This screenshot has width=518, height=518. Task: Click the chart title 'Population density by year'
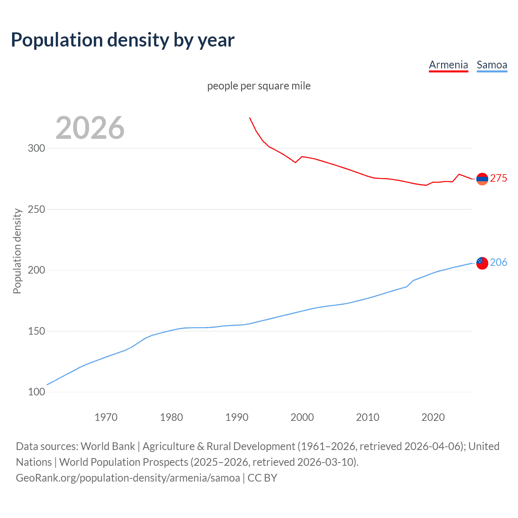(x=123, y=40)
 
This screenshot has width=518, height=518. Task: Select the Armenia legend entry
(x=448, y=65)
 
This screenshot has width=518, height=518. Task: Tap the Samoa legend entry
(x=492, y=65)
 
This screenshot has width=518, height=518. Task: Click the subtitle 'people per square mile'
(x=259, y=86)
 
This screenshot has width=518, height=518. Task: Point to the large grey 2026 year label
(x=90, y=128)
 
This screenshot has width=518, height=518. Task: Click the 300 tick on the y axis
(x=36, y=148)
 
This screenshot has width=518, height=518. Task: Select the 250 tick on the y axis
(x=36, y=209)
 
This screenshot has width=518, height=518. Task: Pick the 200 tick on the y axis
(x=36, y=270)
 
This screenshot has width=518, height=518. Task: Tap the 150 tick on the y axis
(x=36, y=331)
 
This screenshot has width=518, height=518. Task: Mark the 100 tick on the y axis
(x=36, y=392)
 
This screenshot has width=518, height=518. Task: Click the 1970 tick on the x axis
(x=106, y=417)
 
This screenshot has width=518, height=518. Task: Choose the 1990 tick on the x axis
(x=237, y=417)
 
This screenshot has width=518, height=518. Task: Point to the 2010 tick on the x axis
(x=367, y=417)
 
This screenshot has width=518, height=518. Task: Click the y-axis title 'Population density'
(x=17, y=251)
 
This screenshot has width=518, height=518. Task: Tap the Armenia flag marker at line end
(x=482, y=178)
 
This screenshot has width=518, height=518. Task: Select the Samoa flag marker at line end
(x=482, y=263)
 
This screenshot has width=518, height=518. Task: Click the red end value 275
(x=499, y=178)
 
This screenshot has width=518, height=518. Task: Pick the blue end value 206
(x=499, y=263)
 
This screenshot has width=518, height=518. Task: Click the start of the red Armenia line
(x=250, y=118)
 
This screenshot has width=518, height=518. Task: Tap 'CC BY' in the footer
(x=262, y=478)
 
